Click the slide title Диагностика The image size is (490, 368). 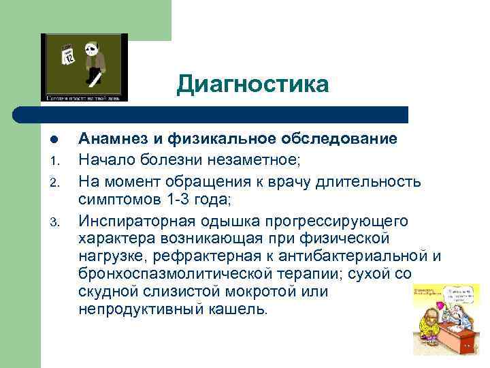pos(252,84)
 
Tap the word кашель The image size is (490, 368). pos(239,309)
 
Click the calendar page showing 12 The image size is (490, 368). pos(68,54)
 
